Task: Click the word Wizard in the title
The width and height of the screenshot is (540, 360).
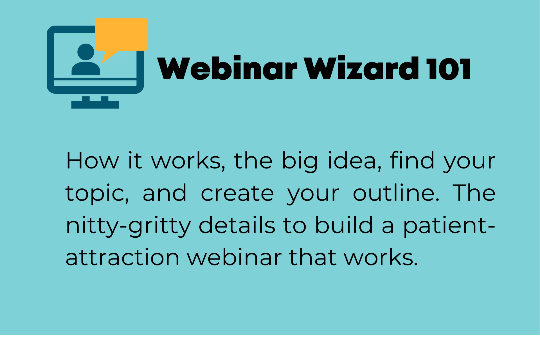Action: (x=361, y=68)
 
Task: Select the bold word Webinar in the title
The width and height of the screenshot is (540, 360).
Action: (x=227, y=68)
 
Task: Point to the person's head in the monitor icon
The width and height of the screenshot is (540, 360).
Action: (x=85, y=52)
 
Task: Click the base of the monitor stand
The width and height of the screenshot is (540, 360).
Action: (x=95, y=105)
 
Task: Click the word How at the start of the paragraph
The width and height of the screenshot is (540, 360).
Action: (x=92, y=161)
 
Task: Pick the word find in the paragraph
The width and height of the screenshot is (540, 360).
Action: (x=412, y=160)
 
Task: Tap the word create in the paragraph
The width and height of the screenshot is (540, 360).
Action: (x=237, y=193)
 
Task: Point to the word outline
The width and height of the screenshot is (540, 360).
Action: (x=396, y=193)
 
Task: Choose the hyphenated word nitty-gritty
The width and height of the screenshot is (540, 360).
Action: (x=128, y=226)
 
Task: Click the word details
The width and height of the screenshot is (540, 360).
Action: (x=237, y=225)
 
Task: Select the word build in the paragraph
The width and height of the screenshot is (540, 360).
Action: (x=344, y=225)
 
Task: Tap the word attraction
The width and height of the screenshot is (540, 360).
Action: (x=122, y=258)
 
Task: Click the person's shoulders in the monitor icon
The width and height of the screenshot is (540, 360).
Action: (x=85, y=69)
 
